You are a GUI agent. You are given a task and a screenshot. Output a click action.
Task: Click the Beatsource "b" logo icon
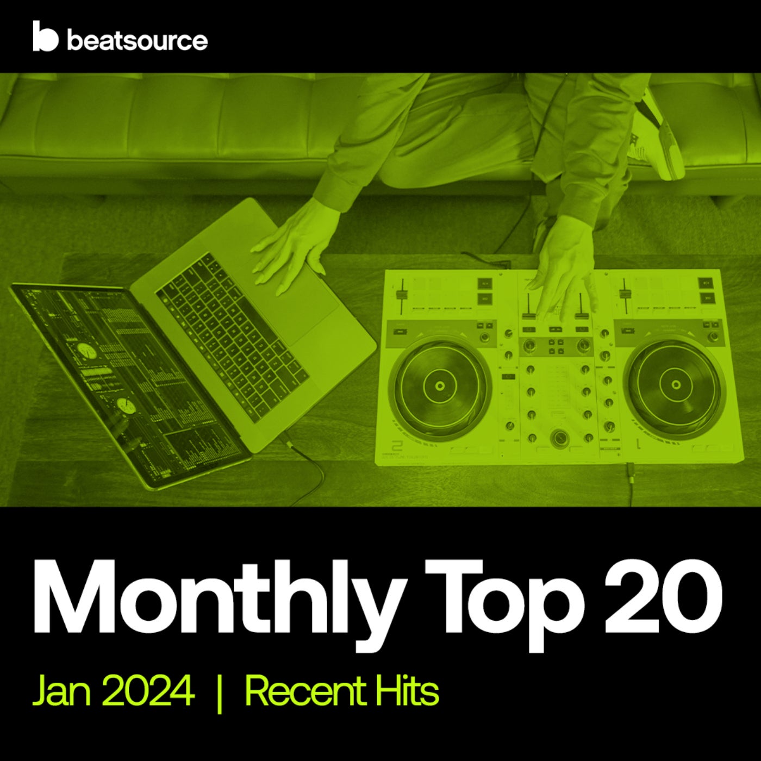pyautogui.click(x=45, y=37)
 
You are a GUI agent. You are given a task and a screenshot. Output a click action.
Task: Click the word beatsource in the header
pyautogui.click(x=137, y=41)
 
